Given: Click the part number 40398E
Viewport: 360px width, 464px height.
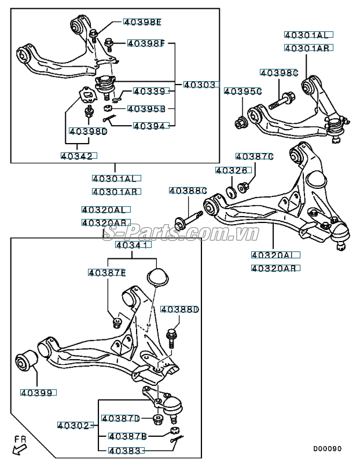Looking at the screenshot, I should (142, 23).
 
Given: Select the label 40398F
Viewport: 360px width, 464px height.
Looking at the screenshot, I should (146, 43).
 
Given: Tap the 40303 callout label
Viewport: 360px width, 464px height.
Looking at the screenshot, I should (200, 85).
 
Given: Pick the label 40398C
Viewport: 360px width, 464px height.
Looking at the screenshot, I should (278, 72).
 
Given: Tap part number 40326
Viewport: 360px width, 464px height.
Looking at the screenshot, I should (232, 170).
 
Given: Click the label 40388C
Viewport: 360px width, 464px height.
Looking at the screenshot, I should (188, 190).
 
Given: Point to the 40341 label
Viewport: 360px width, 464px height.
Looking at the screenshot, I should (133, 245).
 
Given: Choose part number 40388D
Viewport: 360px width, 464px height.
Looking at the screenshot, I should (179, 310).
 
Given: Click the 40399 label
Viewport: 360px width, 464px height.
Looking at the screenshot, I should (39, 393).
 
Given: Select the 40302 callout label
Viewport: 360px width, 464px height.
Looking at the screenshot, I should (74, 425).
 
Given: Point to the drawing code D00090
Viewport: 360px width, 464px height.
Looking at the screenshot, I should (328, 448).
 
